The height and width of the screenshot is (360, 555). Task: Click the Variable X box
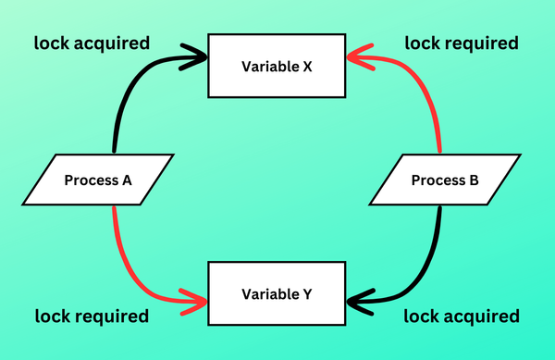pos(277,66)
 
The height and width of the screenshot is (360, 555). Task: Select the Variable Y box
pos(277,295)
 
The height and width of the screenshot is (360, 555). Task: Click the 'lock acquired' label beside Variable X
pos(92,43)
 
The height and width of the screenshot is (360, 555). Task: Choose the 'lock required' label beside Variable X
pos(462,43)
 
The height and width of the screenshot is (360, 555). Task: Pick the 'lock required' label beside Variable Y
pos(92,317)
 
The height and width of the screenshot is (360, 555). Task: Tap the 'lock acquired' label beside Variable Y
pos(462,317)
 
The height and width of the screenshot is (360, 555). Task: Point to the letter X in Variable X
pos(306,66)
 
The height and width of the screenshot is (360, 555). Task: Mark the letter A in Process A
pos(127,180)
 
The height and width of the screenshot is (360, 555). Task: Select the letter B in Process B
pos(474,180)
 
